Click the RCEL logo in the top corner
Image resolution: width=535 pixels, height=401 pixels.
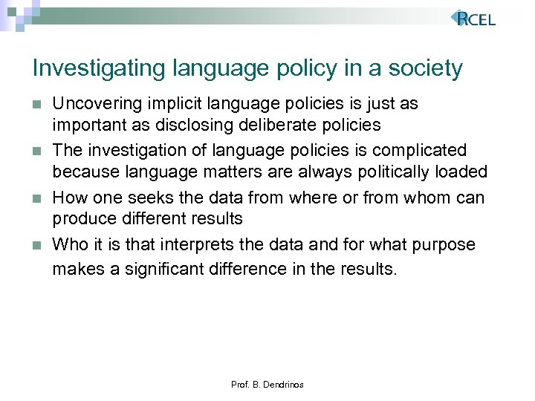(x=473, y=19)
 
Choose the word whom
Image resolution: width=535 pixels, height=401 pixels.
(x=418, y=198)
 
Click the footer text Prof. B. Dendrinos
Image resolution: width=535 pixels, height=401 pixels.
(x=267, y=385)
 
